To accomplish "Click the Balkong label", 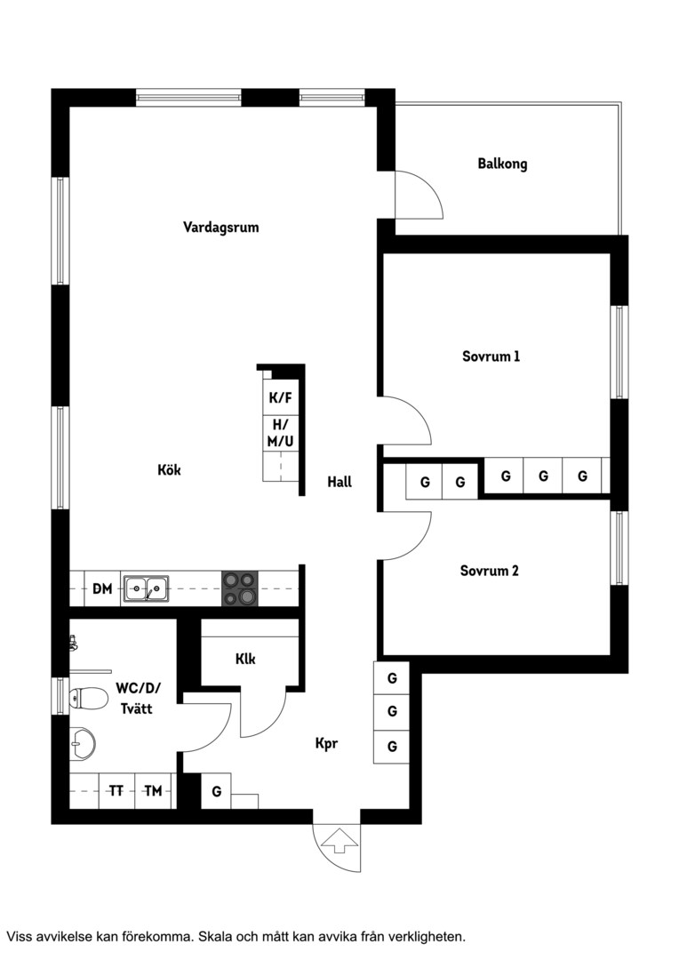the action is pyautogui.click(x=502, y=164).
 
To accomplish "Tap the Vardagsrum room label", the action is pyautogui.click(x=221, y=228).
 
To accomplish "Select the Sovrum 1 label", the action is pyautogui.click(x=491, y=356).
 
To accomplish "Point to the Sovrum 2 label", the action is pyautogui.click(x=489, y=571).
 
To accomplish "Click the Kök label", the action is pyautogui.click(x=169, y=469).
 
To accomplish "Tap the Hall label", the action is pyautogui.click(x=339, y=482).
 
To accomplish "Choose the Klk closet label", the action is pyautogui.click(x=245, y=659).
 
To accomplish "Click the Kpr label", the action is pyautogui.click(x=326, y=744).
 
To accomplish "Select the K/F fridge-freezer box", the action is pyautogui.click(x=281, y=398).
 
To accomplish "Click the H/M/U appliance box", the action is pyautogui.click(x=281, y=434).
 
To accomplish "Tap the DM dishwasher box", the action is pyautogui.click(x=102, y=588).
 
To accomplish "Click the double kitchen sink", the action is pyautogui.click(x=146, y=588).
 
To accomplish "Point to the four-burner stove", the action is pyautogui.click(x=239, y=588).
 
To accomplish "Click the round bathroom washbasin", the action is pyautogui.click(x=82, y=744).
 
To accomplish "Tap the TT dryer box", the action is pyautogui.click(x=116, y=791).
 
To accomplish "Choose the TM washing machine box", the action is pyautogui.click(x=153, y=791).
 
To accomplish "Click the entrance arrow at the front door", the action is pyautogui.click(x=339, y=841).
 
